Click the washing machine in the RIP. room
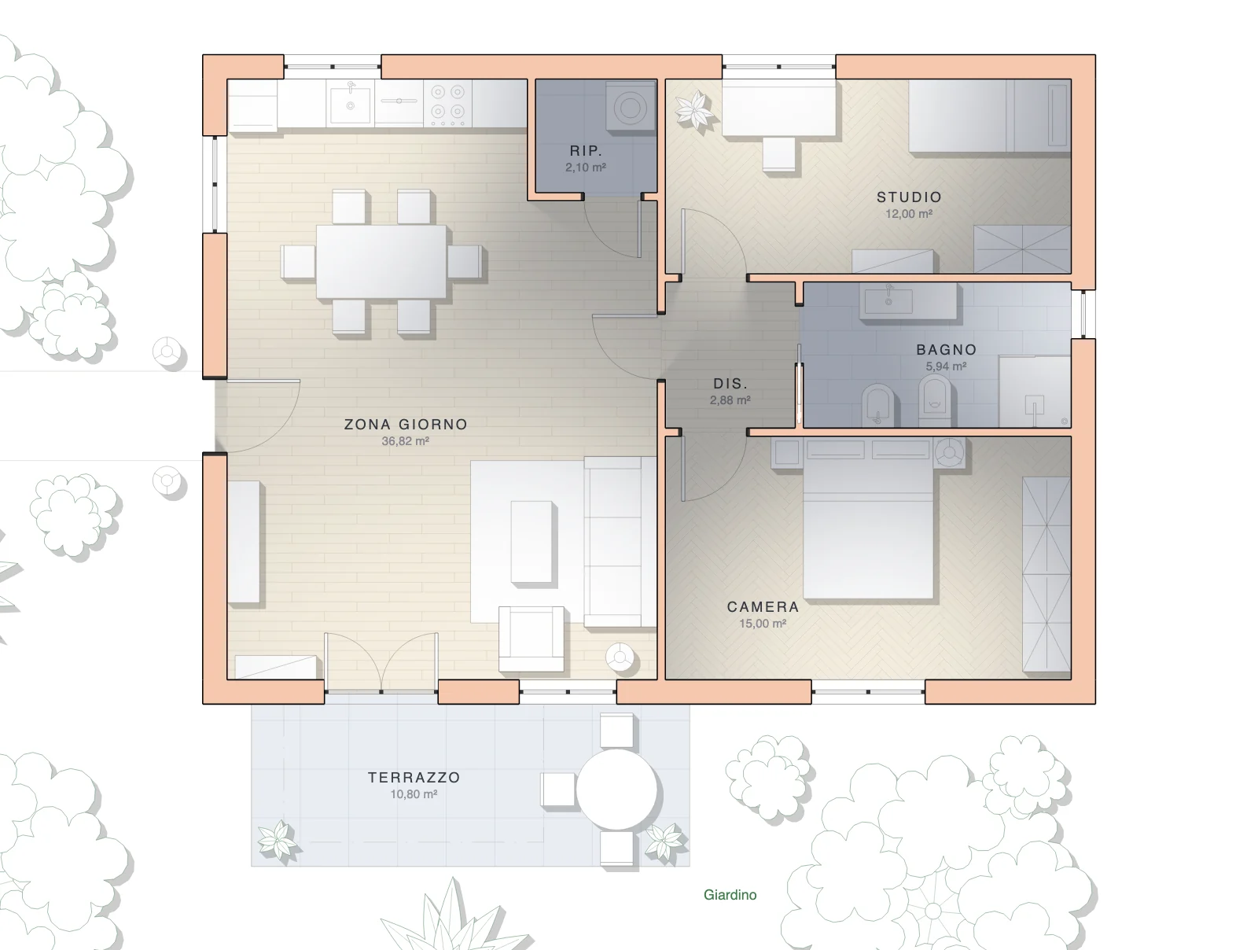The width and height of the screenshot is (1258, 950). [x=631, y=108]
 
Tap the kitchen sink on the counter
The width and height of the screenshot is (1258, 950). [x=350, y=102]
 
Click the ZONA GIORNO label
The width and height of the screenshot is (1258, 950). [x=405, y=425]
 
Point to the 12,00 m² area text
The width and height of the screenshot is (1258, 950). [x=909, y=214]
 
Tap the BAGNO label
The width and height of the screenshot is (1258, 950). [x=946, y=349]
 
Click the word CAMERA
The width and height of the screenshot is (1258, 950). [x=763, y=607]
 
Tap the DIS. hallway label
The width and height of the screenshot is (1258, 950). [x=730, y=384]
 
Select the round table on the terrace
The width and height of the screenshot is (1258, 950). [x=616, y=790]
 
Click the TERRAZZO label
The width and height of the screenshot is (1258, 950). [x=414, y=778]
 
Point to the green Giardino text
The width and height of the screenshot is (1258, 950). [x=730, y=894]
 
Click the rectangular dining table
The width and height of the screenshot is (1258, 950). [x=381, y=261]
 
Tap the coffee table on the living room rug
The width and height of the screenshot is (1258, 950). [x=532, y=542]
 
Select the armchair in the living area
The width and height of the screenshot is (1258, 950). [x=532, y=639]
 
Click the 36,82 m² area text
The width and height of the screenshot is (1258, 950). [x=405, y=441]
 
